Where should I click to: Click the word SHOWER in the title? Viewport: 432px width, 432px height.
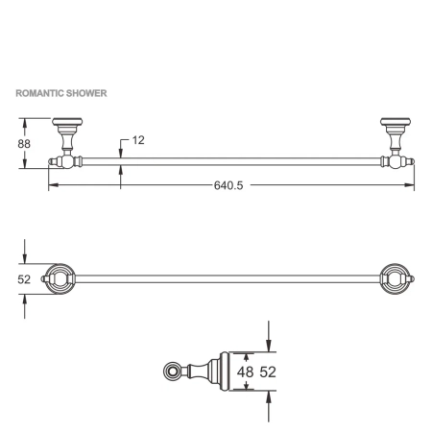[x=86, y=94]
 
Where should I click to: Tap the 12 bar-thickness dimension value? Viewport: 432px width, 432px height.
[x=137, y=140]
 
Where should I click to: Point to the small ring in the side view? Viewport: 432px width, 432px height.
[x=173, y=371]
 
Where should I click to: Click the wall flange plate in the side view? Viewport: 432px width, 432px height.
[x=224, y=371]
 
